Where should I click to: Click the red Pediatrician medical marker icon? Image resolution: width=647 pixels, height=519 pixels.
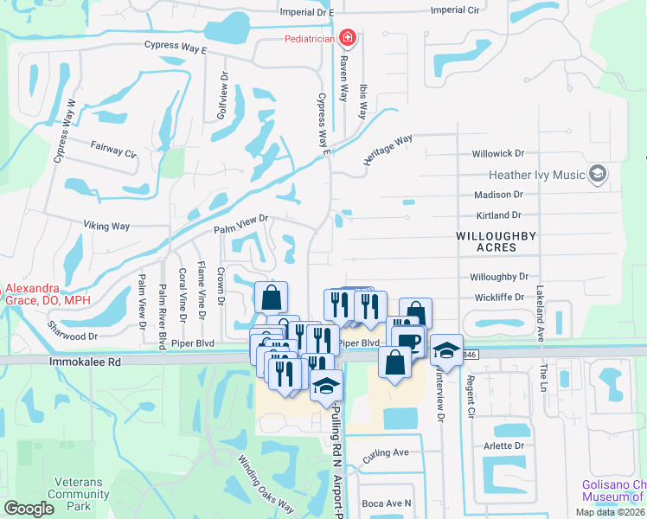pos(347,38)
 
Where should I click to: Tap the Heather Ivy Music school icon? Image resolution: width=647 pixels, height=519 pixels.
pos(596,175)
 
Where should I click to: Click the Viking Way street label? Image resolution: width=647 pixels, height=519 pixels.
pos(106,227)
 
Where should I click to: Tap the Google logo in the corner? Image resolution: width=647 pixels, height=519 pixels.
pos(29,509)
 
